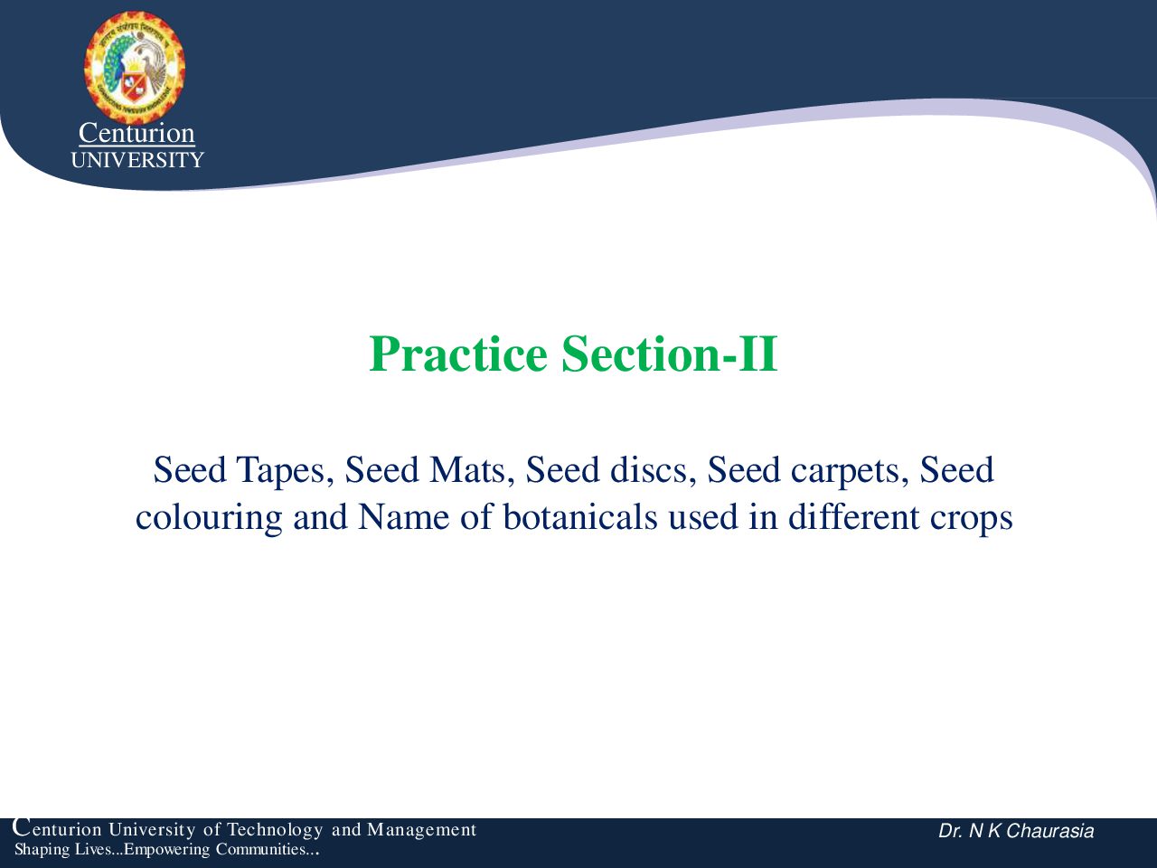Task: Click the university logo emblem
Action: coord(135,68)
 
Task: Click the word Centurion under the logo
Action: coord(136,133)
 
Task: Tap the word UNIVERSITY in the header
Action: coord(137,160)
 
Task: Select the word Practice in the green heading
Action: coord(458,354)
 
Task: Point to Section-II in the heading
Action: coord(670,354)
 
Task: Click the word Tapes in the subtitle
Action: coord(285,471)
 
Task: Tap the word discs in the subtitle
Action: coord(657,469)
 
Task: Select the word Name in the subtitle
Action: coord(403,517)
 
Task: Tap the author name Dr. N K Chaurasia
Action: coord(1016,831)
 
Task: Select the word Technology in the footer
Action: coord(275,830)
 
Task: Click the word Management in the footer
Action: coord(422,830)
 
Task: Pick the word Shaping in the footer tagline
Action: coord(42,850)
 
